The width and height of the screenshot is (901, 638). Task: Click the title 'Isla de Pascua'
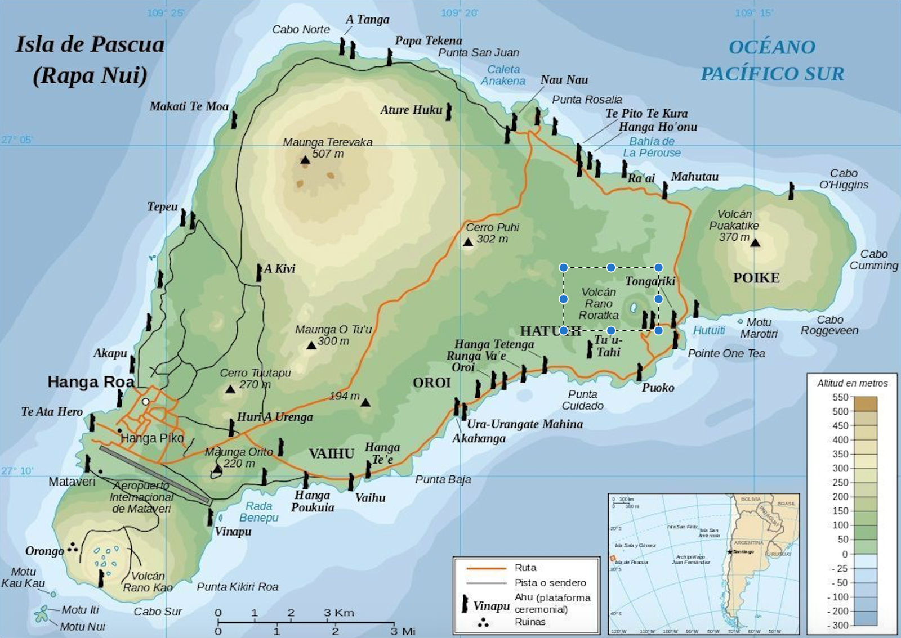pyautogui.click(x=90, y=44)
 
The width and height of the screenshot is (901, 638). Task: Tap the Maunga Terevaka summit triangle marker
pyautogui.click(x=305, y=160)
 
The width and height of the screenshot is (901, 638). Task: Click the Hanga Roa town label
pyautogui.click(x=91, y=382)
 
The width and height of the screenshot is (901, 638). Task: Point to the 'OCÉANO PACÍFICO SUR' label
pyautogui.click(x=772, y=60)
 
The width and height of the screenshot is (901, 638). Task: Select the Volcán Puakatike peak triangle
pyautogui.click(x=755, y=243)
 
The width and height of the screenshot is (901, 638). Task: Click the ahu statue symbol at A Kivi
pyautogui.click(x=259, y=272)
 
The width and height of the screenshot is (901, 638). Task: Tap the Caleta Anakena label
pyautogui.click(x=503, y=75)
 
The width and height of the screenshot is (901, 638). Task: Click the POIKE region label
pyautogui.click(x=756, y=278)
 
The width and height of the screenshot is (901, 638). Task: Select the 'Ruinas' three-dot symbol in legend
pyautogui.click(x=483, y=622)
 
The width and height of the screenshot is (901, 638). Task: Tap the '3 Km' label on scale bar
pyautogui.click(x=339, y=613)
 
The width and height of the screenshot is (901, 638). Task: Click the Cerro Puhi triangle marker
pyautogui.click(x=468, y=242)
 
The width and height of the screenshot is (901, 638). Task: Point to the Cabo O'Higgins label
pyautogui.click(x=843, y=179)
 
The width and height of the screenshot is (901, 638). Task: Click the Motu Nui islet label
pyautogui.click(x=82, y=626)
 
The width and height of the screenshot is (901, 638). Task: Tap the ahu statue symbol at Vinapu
pyautogui.click(x=211, y=517)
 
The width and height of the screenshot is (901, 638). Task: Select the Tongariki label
pyautogui.click(x=650, y=281)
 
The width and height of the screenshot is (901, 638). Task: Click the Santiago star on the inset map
pyautogui.click(x=730, y=552)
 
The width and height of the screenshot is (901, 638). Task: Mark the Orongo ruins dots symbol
pyautogui.click(x=73, y=547)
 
